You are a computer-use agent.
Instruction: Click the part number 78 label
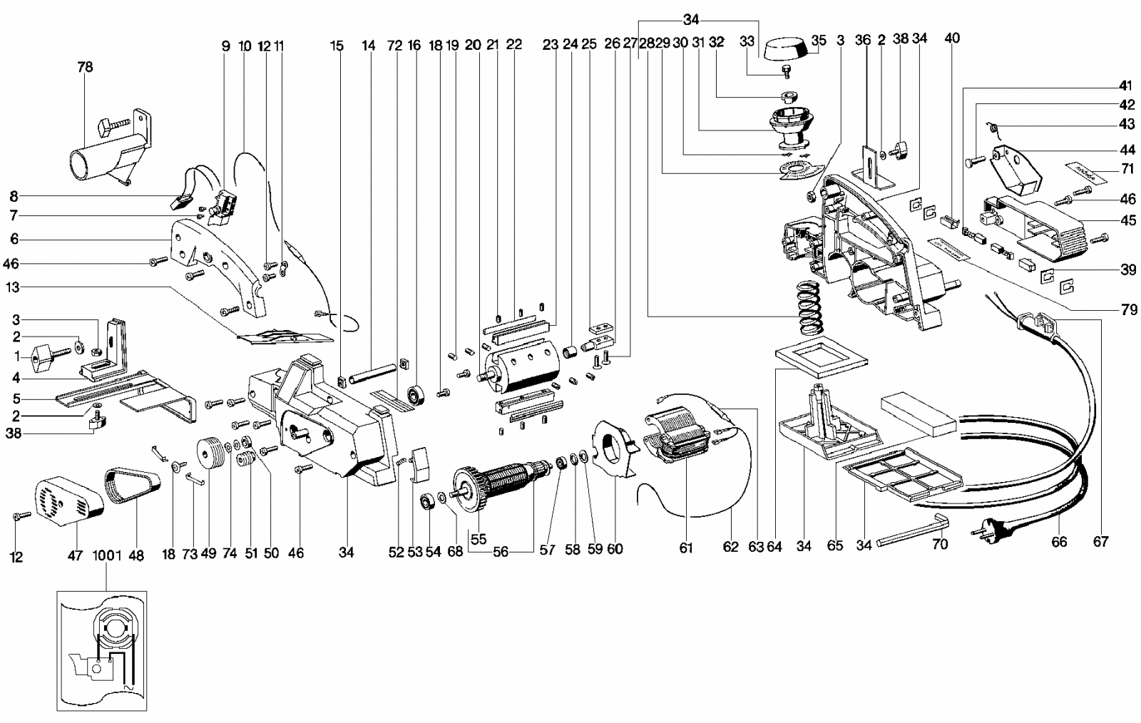[85, 68]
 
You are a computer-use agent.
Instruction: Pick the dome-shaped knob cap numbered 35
[785, 50]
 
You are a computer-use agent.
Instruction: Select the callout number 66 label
[1059, 543]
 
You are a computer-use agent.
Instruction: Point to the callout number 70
[940, 545]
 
